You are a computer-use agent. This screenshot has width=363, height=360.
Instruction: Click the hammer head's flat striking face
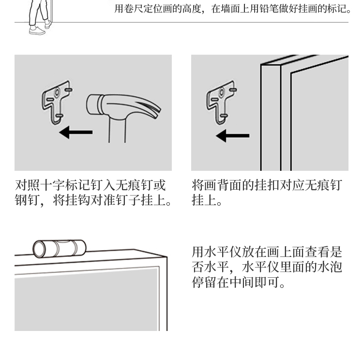91,105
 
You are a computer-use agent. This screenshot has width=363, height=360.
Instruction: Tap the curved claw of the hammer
148,107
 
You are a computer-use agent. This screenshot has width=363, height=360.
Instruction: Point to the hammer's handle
117,130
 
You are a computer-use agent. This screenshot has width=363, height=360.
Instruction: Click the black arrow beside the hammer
76,133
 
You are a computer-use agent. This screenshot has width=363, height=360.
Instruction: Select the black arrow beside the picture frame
232,135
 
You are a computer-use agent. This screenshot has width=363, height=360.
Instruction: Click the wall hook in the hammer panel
57,102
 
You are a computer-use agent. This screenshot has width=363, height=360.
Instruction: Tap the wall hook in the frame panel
221,102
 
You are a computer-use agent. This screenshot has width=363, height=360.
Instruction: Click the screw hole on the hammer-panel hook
57,92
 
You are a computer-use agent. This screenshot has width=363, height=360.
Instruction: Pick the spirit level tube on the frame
60,249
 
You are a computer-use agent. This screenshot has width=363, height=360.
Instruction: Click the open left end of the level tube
39,250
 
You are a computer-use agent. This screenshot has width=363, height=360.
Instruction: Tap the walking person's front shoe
37,30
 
